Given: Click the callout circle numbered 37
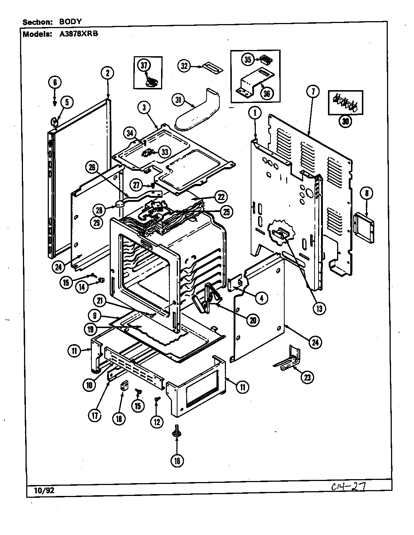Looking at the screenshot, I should (144, 65).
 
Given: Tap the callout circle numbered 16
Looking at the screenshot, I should (177, 461).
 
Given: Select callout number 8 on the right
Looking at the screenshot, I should (367, 194).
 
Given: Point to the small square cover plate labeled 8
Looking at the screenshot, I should (364, 229).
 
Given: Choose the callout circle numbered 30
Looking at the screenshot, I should (345, 122).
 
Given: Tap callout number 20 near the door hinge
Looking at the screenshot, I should (252, 320).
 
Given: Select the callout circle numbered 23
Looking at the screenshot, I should (307, 378).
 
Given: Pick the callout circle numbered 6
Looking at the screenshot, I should (55, 82).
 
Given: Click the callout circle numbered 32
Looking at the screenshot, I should (184, 66).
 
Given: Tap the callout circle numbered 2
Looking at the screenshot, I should (108, 73).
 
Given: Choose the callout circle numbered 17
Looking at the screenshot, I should (95, 415).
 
